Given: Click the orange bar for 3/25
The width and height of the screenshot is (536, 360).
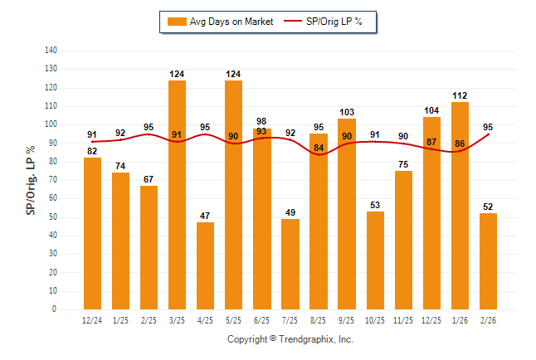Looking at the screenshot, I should click(x=177, y=195).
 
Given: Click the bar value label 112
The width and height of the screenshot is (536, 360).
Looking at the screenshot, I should click(x=460, y=95).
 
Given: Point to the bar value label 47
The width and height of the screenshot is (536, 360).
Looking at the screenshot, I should click(x=205, y=216).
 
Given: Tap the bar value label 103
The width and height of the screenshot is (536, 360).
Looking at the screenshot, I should click(x=347, y=112).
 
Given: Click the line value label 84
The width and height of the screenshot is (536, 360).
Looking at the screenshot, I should click(x=319, y=148).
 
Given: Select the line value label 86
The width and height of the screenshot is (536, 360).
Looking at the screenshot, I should click(x=460, y=144).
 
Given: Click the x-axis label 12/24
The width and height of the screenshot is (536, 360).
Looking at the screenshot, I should click(x=92, y=320).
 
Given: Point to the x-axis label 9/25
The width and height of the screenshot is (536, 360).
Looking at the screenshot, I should click(x=347, y=320).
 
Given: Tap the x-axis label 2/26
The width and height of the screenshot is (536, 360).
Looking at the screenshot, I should click(x=488, y=320).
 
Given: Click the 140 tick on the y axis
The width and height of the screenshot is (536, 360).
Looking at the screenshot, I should click(x=51, y=51).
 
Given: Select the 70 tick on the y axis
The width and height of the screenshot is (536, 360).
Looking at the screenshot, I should click(x=53, y=180).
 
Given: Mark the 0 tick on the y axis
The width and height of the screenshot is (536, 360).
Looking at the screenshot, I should click(x=56, y=309).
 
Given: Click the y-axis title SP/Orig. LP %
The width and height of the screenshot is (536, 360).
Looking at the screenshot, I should click(x=31, y=180).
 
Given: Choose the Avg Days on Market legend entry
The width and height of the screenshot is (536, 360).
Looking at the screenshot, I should click(x=221, y=22).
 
